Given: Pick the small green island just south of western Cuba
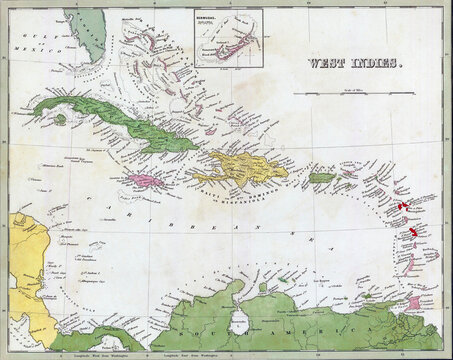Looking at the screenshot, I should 61,119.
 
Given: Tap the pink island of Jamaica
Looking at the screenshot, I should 144,181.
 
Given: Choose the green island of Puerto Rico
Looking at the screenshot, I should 320,177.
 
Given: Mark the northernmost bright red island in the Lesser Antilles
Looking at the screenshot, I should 402,205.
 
